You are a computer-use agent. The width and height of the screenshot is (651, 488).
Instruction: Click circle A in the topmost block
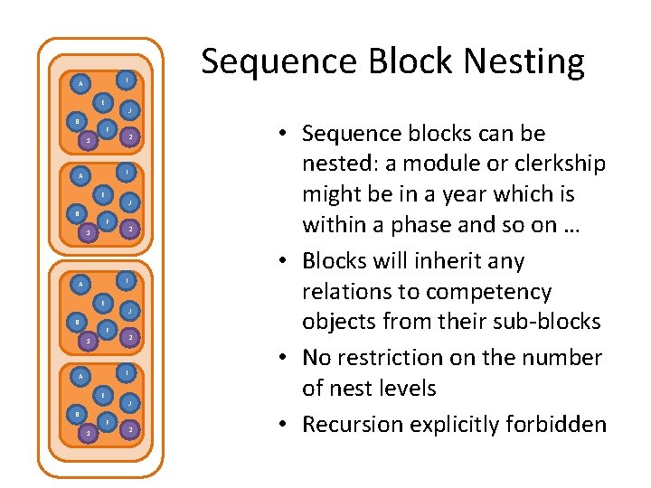click(x=80, y=84)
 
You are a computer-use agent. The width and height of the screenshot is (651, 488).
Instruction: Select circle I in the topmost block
click(x=128, y=80)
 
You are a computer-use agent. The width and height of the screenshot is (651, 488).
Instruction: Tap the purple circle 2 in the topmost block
click(x=131, y=136)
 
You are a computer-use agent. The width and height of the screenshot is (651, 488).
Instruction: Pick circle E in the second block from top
click(x=104, y=194)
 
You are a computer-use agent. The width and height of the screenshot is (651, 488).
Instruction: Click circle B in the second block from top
click(x=78, y=213)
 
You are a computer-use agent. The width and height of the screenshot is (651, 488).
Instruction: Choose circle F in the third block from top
click(x=107, y=330)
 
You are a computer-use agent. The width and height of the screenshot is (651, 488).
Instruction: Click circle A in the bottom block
click(x=80, y=376)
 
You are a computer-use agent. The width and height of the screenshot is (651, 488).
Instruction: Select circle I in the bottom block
click(x=128, y=371)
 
